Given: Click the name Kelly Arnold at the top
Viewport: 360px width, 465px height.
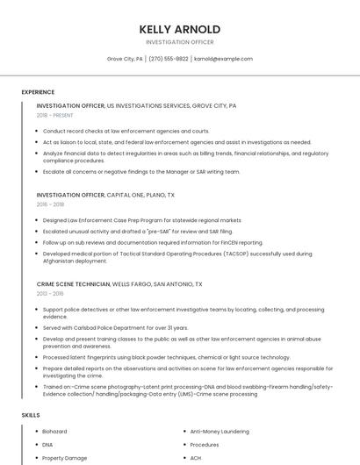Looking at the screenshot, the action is click(x=179, y=28).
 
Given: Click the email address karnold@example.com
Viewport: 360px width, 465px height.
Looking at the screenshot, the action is click(x=223, y=59).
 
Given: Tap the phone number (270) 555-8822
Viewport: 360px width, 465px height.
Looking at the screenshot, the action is click(x=169, y=59).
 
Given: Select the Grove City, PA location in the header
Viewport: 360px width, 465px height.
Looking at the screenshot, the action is click(x=125, y=59).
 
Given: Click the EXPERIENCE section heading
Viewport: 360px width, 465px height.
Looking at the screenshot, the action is click(x=38, y=92).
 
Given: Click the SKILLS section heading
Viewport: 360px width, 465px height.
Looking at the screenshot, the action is click(x=31, y=414).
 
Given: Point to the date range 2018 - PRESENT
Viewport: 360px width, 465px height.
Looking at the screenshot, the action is click(x=54, y=115).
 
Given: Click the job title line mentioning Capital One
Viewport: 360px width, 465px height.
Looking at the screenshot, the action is click(x=105, y=195).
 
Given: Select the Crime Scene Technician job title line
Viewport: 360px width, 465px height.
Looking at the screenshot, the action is click(x=119, y=284).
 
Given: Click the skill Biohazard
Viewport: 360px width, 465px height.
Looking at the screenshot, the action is click(x=54, y=432).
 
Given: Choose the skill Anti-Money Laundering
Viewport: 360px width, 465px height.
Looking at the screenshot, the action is click(x=219, y=432).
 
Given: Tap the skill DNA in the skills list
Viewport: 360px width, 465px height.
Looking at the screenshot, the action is click(x=47, y=445).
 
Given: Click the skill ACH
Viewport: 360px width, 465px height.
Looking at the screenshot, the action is click(x=195, y=458).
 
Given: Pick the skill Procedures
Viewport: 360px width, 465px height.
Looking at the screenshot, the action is click(x=205, y=445).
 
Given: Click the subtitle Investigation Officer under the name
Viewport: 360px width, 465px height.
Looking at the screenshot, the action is click(x=179, y=42).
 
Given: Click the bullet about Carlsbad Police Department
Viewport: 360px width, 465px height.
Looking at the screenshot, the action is click(x=115, y=328).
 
